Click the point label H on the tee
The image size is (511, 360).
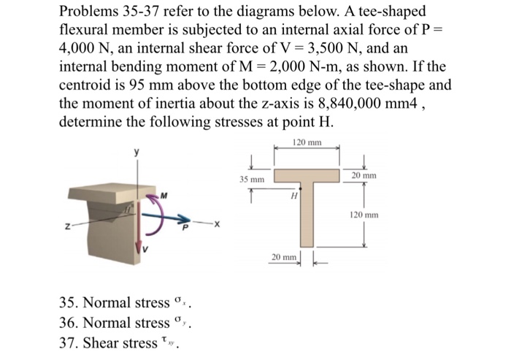pos(294,195)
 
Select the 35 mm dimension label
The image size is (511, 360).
pos(251,179)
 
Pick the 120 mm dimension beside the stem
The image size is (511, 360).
pos(364,215)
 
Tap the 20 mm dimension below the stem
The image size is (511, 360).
pos(282,258)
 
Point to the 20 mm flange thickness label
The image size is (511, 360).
pos(364,176)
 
